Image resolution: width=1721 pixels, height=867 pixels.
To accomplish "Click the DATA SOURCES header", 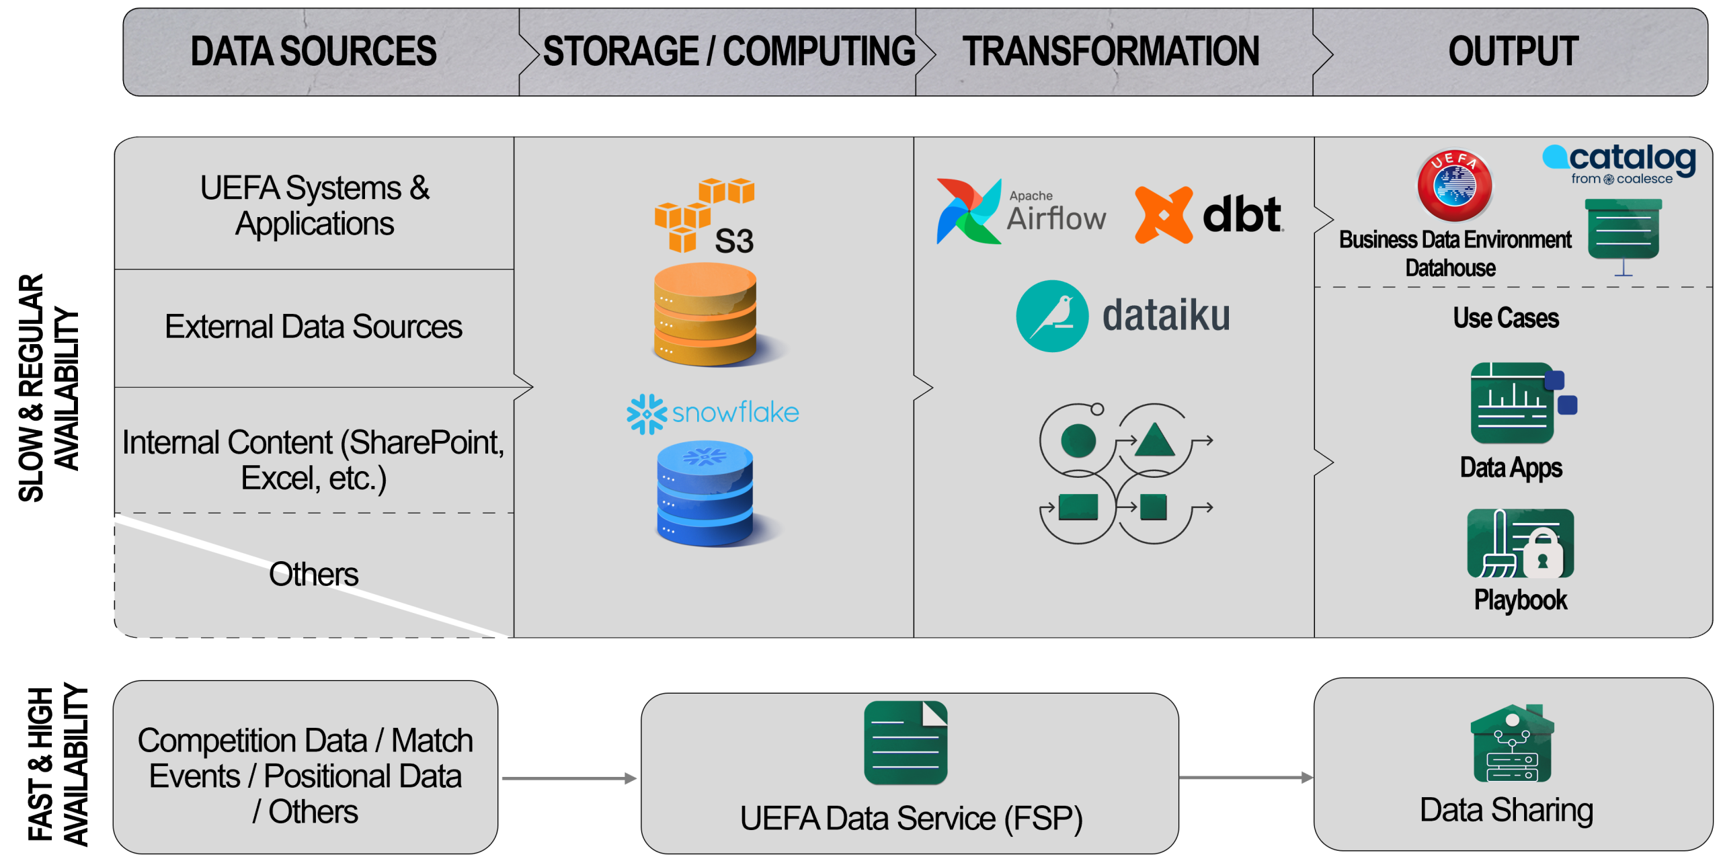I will coord(313,52).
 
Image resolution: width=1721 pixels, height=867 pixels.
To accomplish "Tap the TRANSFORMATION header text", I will coord(1111,52).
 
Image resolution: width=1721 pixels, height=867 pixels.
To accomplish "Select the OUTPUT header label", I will coord(1513,52).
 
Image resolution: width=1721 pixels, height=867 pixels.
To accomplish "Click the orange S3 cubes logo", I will coord(692,214).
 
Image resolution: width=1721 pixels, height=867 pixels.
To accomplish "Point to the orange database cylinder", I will coord(705,315).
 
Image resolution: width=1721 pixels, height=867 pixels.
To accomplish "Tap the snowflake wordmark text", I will coord(735,413).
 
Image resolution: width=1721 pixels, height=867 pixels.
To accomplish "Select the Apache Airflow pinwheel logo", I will coord(968,211).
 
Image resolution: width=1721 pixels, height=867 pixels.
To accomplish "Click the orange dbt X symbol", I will coord(1164,215).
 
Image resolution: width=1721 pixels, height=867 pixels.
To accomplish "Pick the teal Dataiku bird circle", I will coord(1052,316).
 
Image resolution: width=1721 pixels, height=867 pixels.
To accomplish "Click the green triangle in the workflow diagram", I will coord(1154,441).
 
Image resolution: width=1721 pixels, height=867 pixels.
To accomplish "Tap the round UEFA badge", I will coord(1455,186).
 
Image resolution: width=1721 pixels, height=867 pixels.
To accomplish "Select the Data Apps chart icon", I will coord(1516,403).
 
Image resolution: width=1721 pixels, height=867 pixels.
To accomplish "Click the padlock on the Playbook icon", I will coord(1543,555).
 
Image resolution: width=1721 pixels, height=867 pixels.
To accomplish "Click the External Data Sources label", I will coord(313,327).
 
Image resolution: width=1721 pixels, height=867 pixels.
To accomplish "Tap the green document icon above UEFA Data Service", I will coord(906,743).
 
